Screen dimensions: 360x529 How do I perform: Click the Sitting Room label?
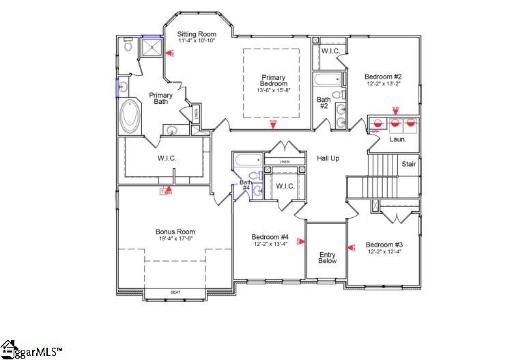pos(197,34)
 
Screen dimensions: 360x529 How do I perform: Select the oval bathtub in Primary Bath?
pos(129,117)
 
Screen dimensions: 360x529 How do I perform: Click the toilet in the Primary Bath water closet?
pos(128,46)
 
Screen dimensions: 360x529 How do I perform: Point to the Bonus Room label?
pos(175,232)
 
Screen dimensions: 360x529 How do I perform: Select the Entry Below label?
pos(328,258)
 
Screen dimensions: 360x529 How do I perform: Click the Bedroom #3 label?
pos(384,245)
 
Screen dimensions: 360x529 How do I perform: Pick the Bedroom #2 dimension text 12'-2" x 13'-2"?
pos(383,84)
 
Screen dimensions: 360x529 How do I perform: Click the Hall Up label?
pos(328,158)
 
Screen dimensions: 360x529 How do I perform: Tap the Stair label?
pos(408,164)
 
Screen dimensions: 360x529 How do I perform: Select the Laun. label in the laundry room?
pos(397,139)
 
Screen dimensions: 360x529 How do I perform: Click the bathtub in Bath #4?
pos(246,160)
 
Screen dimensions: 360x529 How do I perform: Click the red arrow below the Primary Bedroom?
pos(273,125)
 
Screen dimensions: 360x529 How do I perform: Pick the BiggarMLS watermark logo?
pos(31,349)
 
